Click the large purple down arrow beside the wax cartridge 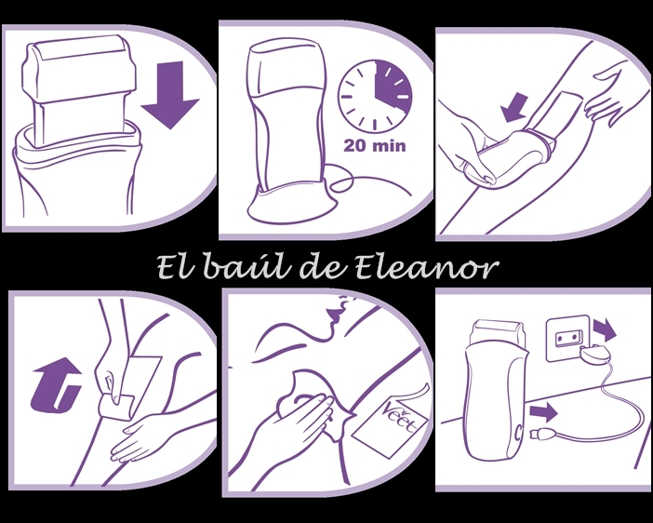(170, 95)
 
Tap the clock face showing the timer (375, 97)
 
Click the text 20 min (374, 145)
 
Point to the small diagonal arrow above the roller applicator (514, 107)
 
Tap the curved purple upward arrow (56, 384)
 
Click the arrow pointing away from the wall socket (605, 329)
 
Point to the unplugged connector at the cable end (541, 435)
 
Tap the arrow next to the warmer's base (543, 412)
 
